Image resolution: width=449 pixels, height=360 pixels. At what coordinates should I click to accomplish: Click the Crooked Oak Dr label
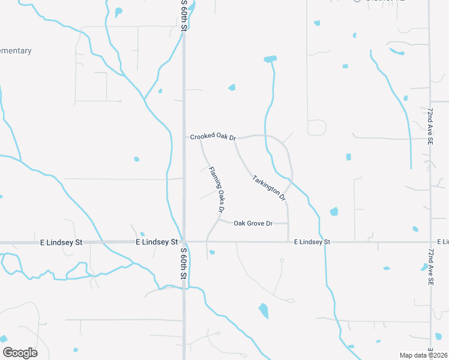click(x=213, y=137)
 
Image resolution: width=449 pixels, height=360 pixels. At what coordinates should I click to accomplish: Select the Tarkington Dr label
click(x=269, y=187)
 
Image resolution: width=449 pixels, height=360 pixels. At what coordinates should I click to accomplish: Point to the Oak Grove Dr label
click(x=253, y=224)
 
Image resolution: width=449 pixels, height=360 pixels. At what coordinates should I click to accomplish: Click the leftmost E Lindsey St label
click(x=61, y=243)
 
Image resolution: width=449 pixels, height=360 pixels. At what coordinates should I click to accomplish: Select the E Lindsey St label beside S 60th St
click(x=157, y=242)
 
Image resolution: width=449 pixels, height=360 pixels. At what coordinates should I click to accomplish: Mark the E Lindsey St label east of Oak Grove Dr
click(x=312, y=242)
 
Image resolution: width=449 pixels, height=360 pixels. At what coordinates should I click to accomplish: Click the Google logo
click(x=20, y=353)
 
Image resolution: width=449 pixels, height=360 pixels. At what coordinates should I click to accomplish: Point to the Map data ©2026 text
click(x=424, y=355)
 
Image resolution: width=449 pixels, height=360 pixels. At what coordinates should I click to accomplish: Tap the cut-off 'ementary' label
click(x=16, y=51)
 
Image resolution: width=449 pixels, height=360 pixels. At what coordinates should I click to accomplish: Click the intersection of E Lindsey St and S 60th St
click(x=184, y=242)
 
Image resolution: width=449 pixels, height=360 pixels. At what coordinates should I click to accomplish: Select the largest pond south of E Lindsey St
click(x=264, y=311)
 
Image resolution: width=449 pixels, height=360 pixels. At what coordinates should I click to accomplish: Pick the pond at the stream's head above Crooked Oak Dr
click(x=270, y=59)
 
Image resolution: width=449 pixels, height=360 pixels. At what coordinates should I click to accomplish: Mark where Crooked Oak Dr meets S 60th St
click(x=184, y=137)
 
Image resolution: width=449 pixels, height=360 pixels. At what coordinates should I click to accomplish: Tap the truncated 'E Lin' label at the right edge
click(x=442, y=242)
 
